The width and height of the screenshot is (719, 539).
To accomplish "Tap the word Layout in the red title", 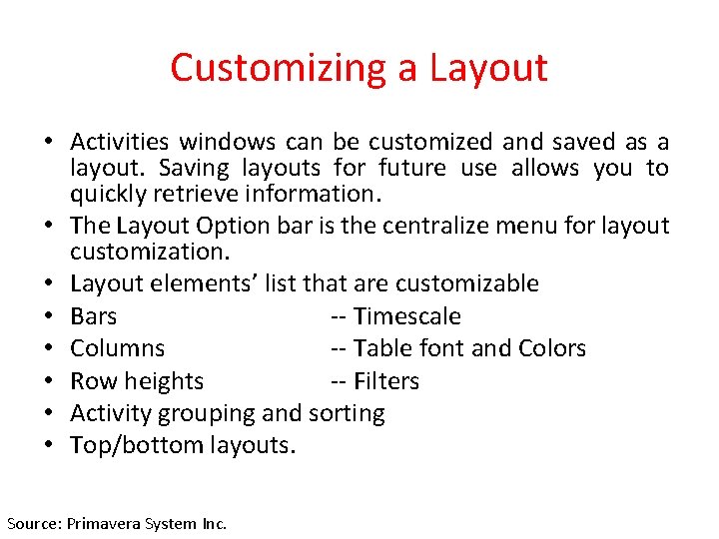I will [x=488, y=68].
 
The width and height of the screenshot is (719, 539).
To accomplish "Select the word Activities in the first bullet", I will [x=121, y=143].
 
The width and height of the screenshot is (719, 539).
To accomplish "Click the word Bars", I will [x=94, y=316].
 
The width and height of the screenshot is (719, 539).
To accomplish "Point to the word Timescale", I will [x=406, y=316].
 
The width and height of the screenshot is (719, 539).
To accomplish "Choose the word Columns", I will [x=118, y=348].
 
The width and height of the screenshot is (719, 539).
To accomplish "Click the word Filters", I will [x=386, y=381].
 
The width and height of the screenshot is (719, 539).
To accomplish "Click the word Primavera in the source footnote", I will [x=104, y=523].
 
